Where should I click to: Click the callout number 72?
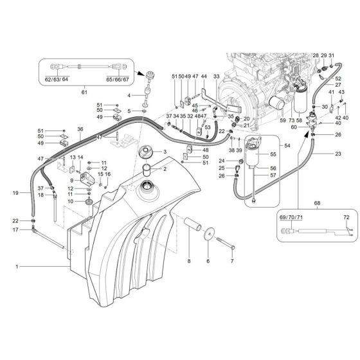[x=345, y=219]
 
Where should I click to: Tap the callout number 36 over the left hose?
[x=80, y=129]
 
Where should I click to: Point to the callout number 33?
[x=216, y=76]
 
